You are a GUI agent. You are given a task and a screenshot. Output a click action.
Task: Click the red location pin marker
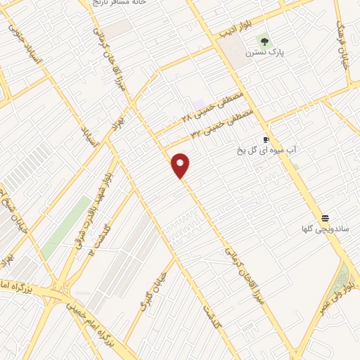[181, 165]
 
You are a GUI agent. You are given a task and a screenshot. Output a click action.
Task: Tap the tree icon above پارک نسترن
[264, 41]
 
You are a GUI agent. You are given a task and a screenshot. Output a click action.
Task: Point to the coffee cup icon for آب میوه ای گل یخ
[266, 139]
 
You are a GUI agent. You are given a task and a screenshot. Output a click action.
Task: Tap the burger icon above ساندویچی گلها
[325, 217]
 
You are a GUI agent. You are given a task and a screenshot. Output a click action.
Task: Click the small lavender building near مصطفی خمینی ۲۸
[200, 104]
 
